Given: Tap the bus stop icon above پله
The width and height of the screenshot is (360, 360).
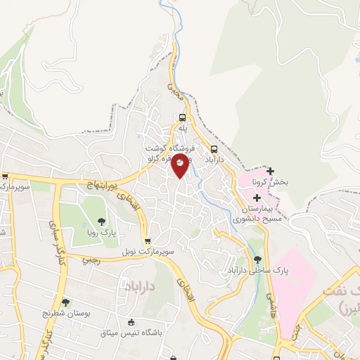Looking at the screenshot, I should point(183,118).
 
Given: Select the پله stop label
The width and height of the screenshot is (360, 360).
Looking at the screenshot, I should point(183,128).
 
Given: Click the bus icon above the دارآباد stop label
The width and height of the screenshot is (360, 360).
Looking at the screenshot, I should point(214,149).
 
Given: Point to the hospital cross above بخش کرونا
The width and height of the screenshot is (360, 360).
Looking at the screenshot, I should point(270,171).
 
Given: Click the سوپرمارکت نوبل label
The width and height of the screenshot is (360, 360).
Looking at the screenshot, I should point(146,251).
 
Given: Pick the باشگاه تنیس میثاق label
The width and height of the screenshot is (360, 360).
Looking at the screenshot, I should point(131,333).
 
